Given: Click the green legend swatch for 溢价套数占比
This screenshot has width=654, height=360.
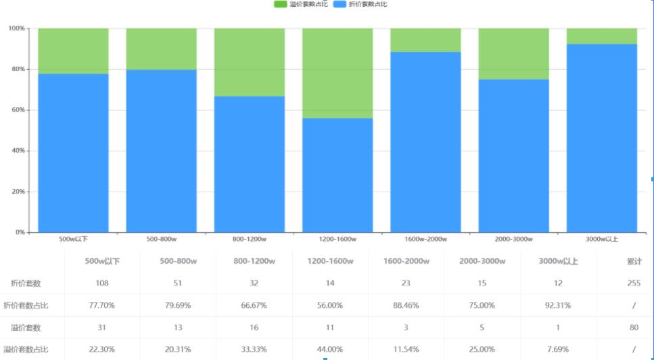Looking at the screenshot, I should coord(280,4).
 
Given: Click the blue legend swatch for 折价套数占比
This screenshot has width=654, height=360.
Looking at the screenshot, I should coord(340,4).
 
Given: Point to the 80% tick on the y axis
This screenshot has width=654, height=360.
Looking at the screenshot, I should coord(17,69).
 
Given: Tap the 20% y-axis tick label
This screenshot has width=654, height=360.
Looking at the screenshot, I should coord(17,192).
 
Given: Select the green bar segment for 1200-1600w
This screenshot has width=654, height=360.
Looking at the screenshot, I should coord(337,73).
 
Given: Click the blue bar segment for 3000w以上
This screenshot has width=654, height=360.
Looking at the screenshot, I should coord(602,138).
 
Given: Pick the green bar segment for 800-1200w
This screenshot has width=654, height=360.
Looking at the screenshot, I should coord(250,62).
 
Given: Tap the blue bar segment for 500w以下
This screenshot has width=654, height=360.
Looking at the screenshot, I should coord(73,152).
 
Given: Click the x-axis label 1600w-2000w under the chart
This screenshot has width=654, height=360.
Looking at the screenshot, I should coord(425,239).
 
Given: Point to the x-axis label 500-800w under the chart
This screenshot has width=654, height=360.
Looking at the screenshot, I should coord(162,239).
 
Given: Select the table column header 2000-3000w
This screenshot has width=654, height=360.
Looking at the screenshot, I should coord(482,261).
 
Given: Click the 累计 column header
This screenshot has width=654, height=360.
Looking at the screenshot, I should coord(634,261).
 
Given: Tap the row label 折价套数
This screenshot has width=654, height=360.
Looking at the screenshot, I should coord(26,283).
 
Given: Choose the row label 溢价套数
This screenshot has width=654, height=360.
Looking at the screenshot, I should coord(26,328).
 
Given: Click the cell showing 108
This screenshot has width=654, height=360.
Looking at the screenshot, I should coord(102,283).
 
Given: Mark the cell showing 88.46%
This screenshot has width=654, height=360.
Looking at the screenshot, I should coord(406,305).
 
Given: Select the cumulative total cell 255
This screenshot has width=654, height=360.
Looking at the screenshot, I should coord(634,283).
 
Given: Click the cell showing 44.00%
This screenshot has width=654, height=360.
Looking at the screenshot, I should coord(331,349).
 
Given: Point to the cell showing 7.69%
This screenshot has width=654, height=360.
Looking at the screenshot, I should coord(558,349).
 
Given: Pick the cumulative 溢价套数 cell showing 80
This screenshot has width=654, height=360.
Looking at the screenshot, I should coord(634,328).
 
